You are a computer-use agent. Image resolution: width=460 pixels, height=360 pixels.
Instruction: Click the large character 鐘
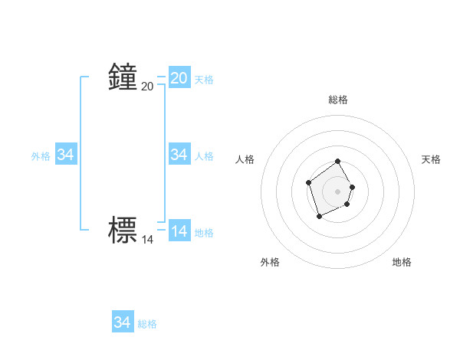tap(123, 77)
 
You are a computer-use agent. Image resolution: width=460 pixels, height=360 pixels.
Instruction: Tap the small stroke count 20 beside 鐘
tap(148, 87)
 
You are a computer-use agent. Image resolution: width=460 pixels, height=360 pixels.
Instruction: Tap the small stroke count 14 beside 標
tap(148, 240)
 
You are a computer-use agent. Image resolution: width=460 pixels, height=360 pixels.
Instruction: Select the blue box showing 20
tap(179, 77)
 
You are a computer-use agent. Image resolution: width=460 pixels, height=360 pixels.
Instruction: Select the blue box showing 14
tap(179, 231)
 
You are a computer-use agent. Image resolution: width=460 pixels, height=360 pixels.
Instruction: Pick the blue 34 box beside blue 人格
tap(179, 155)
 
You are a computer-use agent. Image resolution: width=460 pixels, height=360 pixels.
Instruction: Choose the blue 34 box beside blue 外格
tap(66, 155)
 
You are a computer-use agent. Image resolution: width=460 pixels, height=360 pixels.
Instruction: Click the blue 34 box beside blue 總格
tap(123, 322)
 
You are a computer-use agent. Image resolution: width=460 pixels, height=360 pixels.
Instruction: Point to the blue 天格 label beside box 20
tap(204, 79)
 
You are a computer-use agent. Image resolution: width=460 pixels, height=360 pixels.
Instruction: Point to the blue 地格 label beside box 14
tap(204, 232)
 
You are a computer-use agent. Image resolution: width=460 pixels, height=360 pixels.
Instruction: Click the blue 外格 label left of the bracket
tap(41, 155)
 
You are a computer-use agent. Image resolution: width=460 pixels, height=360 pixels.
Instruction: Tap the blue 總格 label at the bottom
tap(147, 324)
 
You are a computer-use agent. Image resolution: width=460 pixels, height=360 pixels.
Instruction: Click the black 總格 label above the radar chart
tap(338, 100)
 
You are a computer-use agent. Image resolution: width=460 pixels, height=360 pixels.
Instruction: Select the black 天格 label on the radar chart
tap(432, 159)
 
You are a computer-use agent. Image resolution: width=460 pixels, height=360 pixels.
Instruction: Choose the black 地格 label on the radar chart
tap(402, 262)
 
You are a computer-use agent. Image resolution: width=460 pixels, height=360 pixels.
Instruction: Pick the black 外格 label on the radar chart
tap(270, 262)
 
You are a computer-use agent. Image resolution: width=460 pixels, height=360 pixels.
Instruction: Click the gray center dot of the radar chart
tap(337, 191)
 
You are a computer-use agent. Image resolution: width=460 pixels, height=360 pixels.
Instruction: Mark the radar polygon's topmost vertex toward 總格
tap(337, 162)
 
